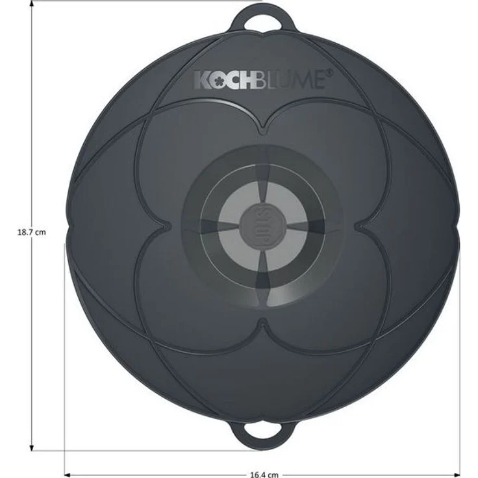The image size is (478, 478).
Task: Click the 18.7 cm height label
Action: coord(32,233)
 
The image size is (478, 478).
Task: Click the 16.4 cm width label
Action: coord(264,474)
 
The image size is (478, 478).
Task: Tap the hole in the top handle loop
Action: coord(263,23)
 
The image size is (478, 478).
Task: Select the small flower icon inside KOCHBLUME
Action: coord(219,81)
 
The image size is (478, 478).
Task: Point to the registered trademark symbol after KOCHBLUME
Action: coord(330,73)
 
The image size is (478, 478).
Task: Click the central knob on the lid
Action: coord(264,225)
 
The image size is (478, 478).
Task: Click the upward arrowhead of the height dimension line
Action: coord(32,4)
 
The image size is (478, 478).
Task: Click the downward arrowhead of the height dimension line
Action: coord(32,447)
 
